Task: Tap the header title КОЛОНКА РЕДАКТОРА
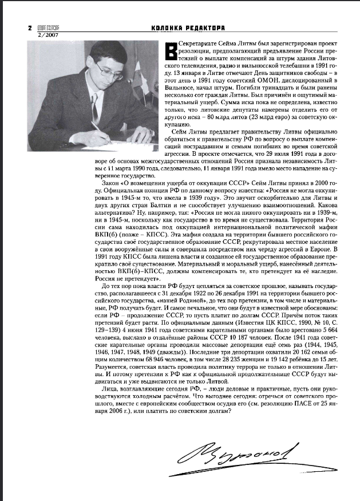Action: coord(188,27)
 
